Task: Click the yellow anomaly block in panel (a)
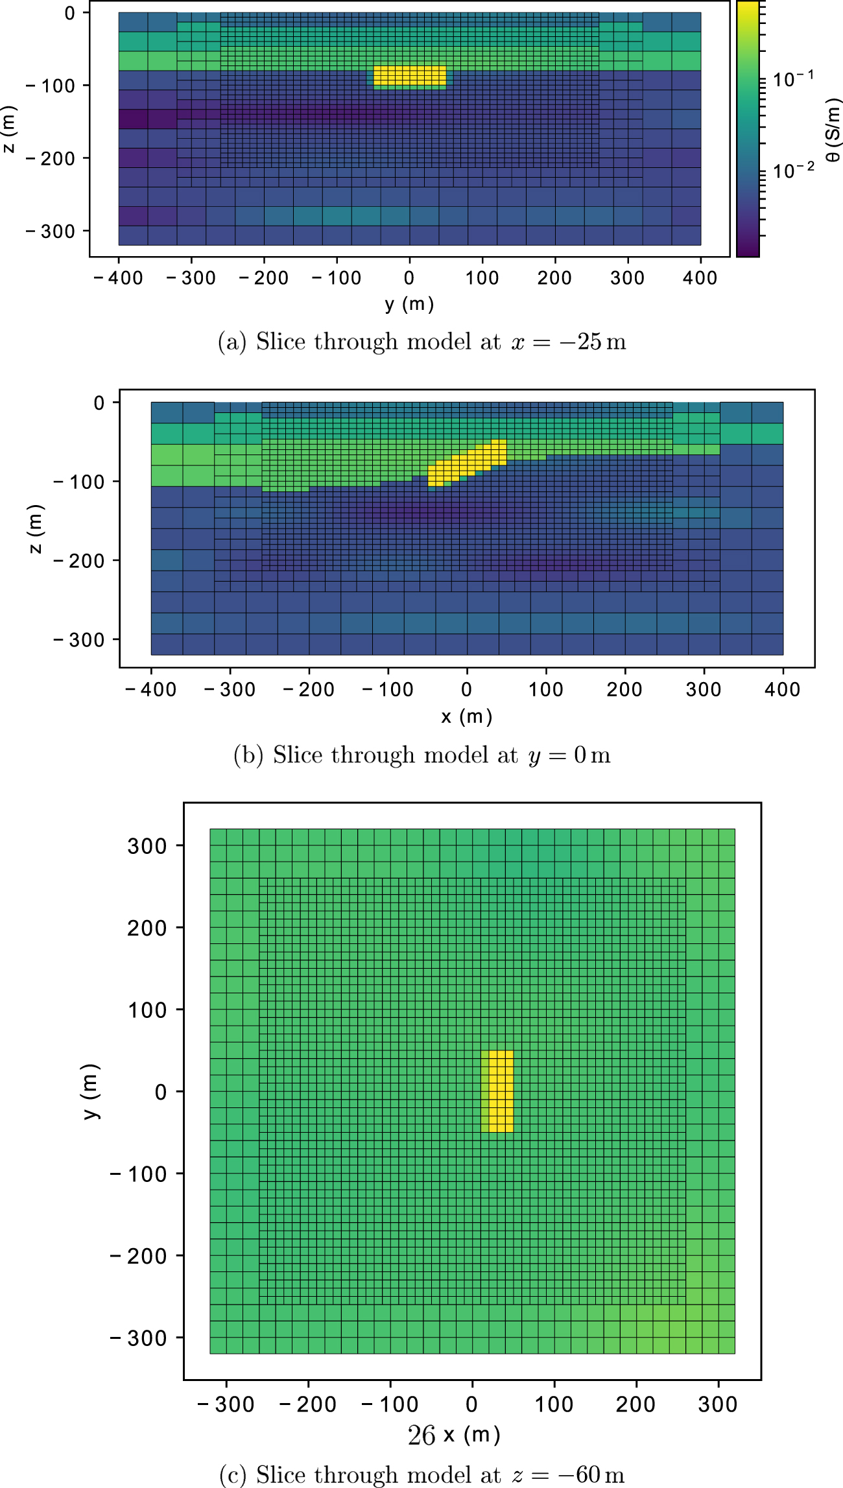[410, 75]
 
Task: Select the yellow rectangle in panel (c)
[498, 1091]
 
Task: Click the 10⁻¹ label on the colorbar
[794, 79]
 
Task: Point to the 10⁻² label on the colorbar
[794, 171]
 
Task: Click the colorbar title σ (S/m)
[833, 130]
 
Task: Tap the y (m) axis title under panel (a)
[409, 303]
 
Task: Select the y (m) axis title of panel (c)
[90, 1091]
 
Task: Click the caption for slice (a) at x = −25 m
[422, 342]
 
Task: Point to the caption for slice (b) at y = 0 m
[422, 755]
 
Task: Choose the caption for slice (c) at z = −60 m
[422, 1474]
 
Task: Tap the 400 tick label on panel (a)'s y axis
[700, 278]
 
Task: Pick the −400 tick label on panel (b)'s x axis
[150, 689]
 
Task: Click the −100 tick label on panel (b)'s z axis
[78, 482]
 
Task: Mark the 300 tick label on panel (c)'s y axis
[147, 846]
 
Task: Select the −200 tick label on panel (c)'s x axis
[307, 1404]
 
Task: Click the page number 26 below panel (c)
[421, 1436]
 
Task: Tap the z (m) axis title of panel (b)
[35, 528]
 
